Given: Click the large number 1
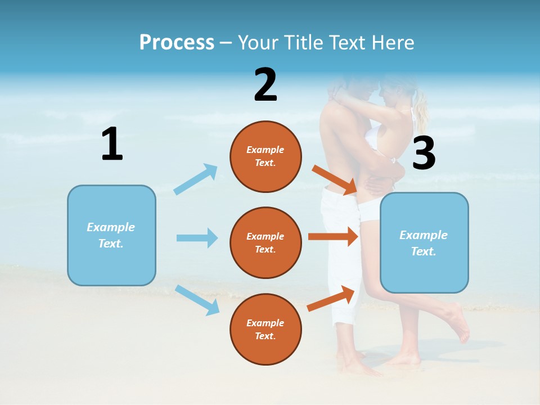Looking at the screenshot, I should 112,144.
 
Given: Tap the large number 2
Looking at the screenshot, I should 265,85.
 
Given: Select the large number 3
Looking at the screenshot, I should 424,153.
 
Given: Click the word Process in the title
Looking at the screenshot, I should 177,42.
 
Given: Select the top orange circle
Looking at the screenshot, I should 265,157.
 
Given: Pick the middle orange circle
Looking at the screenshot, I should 265,242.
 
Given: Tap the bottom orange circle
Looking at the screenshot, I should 265,329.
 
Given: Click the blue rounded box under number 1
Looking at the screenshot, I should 111,236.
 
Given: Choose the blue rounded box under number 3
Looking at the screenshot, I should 424,243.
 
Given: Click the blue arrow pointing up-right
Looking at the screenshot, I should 196,179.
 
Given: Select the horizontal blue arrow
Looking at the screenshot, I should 197,238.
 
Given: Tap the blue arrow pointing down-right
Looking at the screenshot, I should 197,300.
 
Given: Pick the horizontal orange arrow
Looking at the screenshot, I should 333,236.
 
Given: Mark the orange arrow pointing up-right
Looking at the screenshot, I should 331,298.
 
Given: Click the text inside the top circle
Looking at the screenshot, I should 265,156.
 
